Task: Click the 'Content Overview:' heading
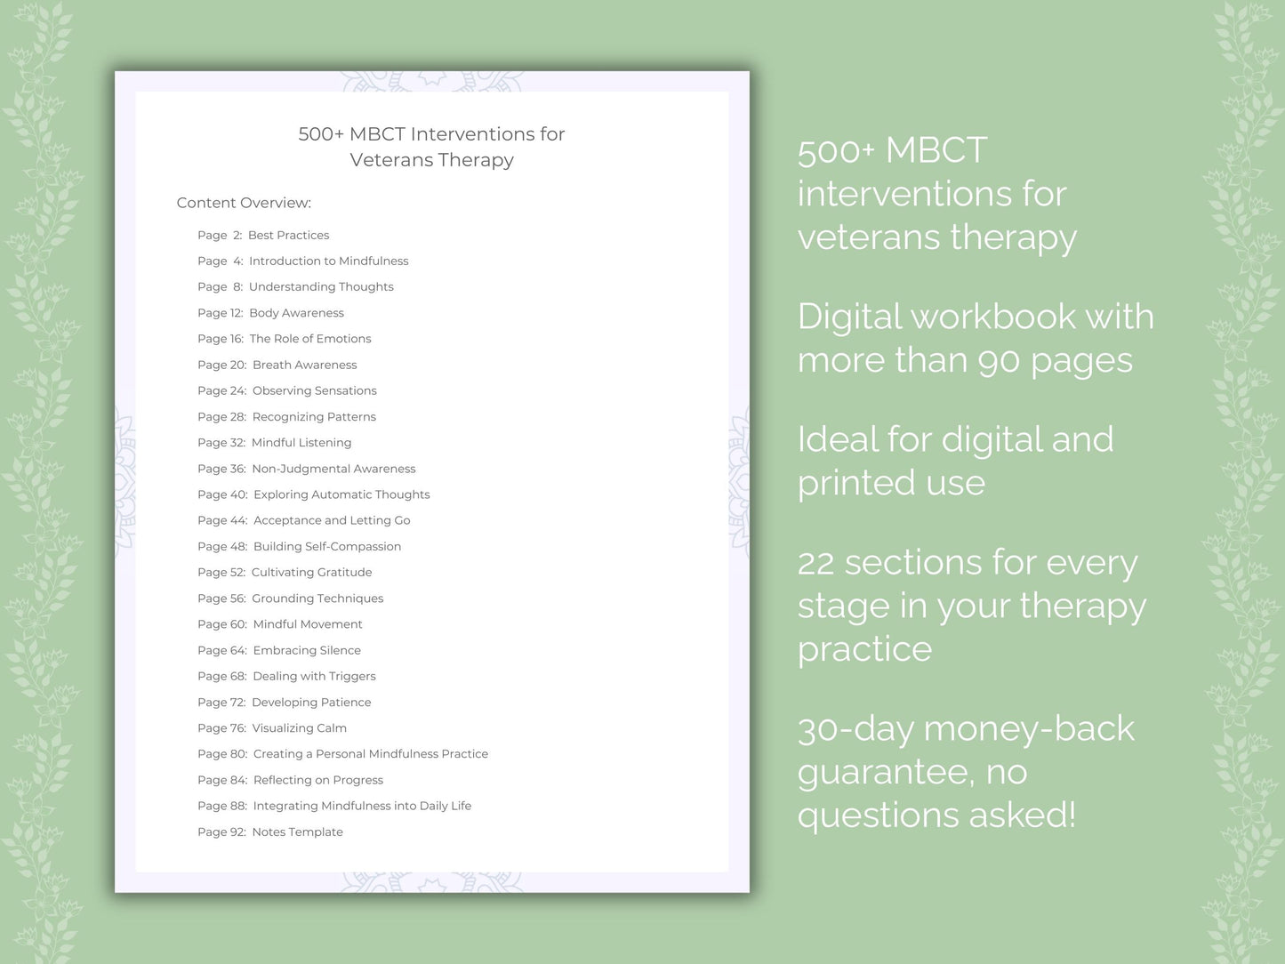[244, 203]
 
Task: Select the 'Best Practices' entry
[288, 235]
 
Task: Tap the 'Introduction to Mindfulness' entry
[328, 261]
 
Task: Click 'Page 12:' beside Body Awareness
[220, 313]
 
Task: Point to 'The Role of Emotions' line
[309, 339]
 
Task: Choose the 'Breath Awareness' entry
[304, 365]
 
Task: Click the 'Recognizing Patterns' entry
[314, 416]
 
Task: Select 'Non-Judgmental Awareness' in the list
[333, 469]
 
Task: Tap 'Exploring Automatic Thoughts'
[341, 494]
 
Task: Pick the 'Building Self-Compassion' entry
[326, 546]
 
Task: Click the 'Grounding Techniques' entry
[317, 598]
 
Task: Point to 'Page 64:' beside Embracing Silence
[221, 650]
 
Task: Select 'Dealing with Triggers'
[314, 676]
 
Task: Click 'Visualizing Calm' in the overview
[299, 727]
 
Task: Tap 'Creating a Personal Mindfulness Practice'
[370, 753]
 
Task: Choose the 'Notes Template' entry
[297, 831]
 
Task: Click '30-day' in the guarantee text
[855, 729]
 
